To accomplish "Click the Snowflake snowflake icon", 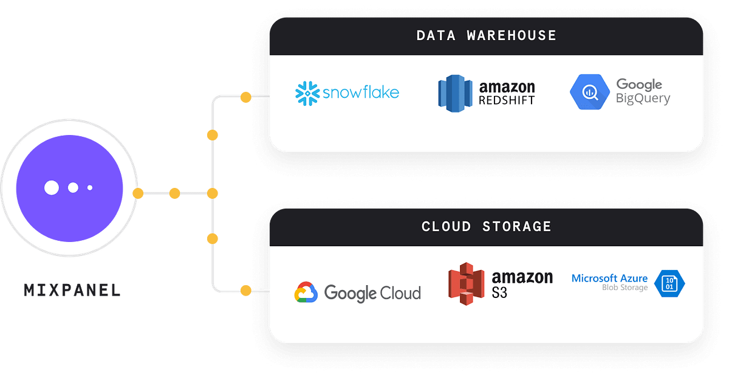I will coord(307,93).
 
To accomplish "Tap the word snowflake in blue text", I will coord(360,93).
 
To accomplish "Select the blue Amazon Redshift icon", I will coord(455,93).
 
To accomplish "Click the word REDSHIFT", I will coord(507,100).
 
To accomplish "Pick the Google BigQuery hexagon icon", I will coord(589,92).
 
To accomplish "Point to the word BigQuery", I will coord(643,99).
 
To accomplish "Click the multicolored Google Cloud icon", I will coord(306,292).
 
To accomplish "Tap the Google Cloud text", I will coord(372,293).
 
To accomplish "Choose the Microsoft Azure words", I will coord(609,278).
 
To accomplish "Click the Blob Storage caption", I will coord(625,288).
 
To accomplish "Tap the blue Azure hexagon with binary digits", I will coord(669,283).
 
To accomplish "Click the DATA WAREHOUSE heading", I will coord(486,35).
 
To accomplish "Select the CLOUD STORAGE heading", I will coord(486,227).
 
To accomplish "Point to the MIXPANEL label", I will coord(72,291).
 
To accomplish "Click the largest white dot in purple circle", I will coord(52,187).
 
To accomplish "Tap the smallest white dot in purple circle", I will coord(90,187).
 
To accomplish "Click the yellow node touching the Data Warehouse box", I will coord(245,97).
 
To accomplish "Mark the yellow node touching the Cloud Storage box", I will coord(245,290).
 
